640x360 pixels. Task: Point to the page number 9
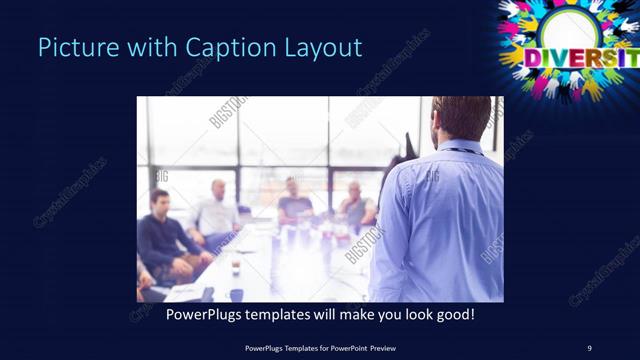pyautogui.click(x=589, y=347)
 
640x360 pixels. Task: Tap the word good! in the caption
pyautogui.click(x=452, y=314)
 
